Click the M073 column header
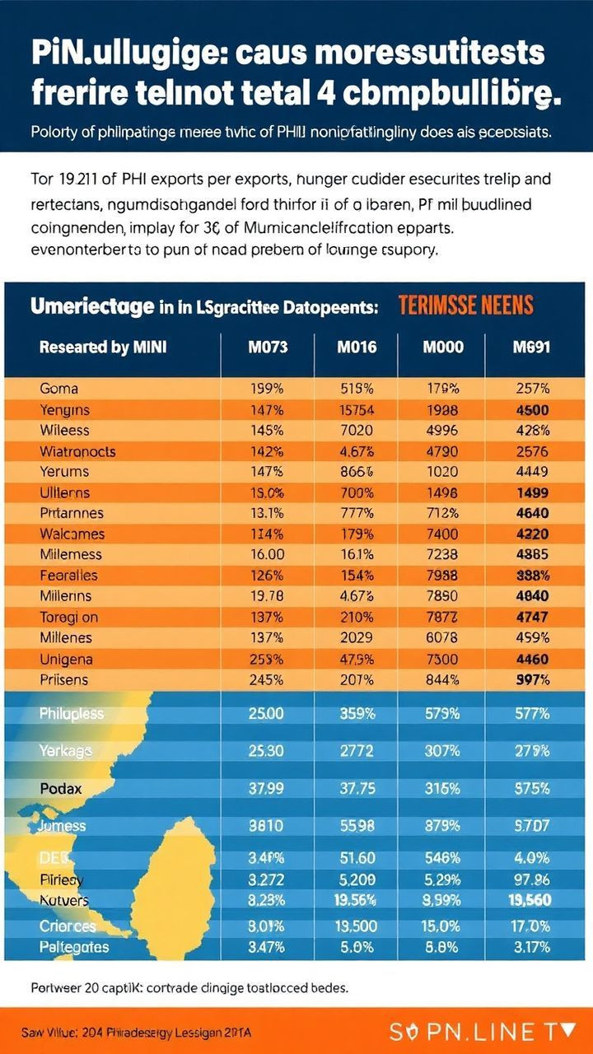click(268, 347)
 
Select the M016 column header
click(357, 347)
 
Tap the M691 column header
click(531, 347)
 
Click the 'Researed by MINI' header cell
click(103, 347)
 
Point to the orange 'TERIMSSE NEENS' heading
click(465, 306)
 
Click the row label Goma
click(58, 389)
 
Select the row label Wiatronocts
click(77, 451)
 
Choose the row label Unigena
click(66, 659)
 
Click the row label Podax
click(62, 788)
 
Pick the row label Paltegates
click(74, 947)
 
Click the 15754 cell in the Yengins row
click(357, 409)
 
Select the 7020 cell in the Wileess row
click(357, 430)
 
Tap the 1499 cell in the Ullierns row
click(531, 492)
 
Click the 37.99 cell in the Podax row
click(268, 788)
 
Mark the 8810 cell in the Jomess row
click(268, 826)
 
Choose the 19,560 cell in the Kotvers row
click(531, 900)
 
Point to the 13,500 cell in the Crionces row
click(357, 926)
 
